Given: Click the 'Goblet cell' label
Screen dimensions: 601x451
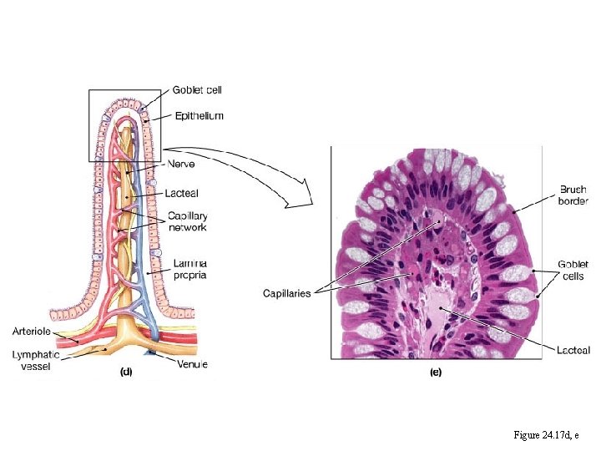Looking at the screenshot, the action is pos(197,90).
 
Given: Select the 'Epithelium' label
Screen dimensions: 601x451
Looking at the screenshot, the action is pos(199,116).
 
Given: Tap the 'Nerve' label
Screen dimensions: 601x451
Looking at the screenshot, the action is pos(185,164).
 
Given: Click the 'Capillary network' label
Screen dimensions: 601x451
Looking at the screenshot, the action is pos(188,220).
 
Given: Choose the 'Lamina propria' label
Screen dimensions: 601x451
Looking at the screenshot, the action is pos(190,268).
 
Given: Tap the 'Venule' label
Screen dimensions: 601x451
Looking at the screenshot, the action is pos(193,364).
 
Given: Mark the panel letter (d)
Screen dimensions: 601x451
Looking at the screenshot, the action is pos(126,372).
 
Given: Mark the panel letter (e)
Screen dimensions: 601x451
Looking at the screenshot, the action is pos(435,372).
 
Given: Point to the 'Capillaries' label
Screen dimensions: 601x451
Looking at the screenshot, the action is pos(287,293).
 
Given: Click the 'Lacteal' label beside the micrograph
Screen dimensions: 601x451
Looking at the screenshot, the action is pos(573,349).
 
